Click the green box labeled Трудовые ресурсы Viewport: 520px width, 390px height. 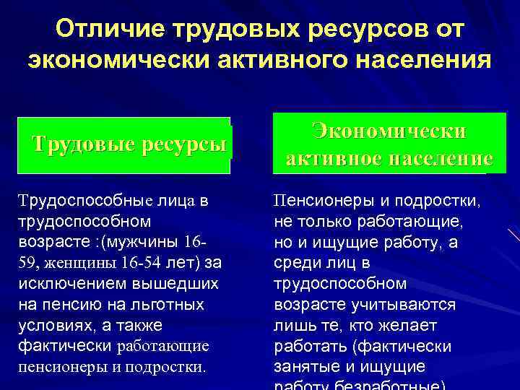tap(130, 144)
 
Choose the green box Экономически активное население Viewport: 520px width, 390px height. tap(389, 144)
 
